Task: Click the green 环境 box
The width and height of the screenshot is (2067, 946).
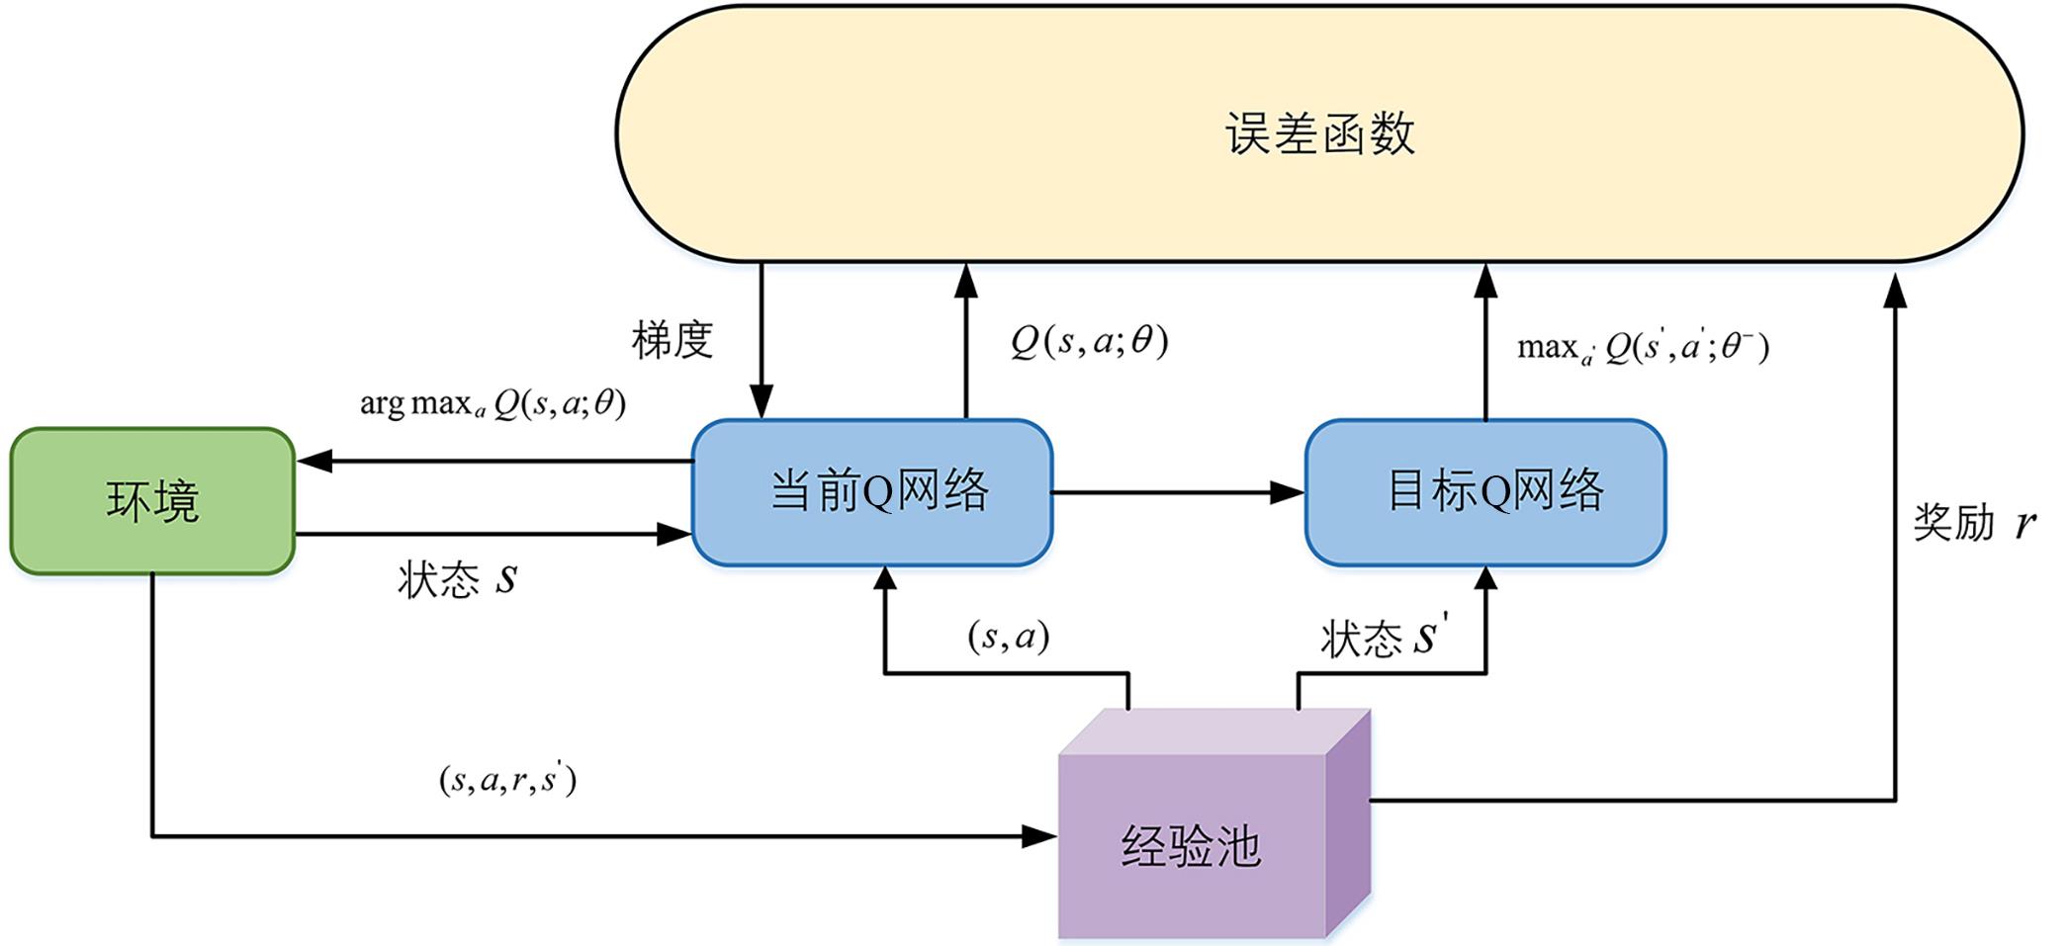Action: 152,500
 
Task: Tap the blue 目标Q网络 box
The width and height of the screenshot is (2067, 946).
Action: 1485,491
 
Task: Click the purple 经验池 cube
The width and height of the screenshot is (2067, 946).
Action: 1193,845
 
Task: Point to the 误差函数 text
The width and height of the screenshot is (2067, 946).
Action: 1319,133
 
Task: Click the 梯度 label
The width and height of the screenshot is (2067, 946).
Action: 673,340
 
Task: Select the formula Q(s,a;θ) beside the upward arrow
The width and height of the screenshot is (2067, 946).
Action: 1089,341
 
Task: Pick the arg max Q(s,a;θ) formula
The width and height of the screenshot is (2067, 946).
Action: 493,403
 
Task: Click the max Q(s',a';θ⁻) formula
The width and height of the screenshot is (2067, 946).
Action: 1643,347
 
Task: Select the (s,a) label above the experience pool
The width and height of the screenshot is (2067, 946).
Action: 1008,636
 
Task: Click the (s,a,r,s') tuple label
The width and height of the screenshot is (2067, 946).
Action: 507,780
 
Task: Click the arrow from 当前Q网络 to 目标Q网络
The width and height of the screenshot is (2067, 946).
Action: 1177,491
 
